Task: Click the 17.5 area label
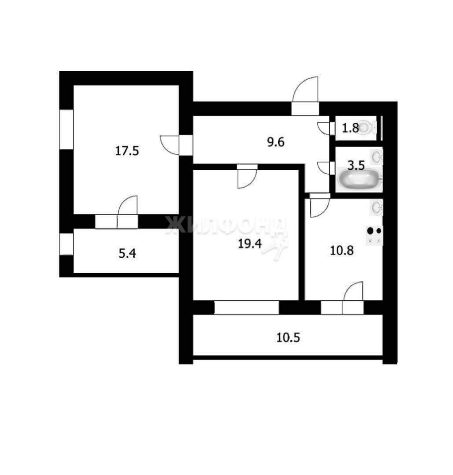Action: click(127, 150)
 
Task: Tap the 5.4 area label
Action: click(127, 253)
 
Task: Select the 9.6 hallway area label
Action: click(276, 142)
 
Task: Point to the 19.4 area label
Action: click(250, 243)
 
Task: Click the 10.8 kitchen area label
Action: click(342, 250)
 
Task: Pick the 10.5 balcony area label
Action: click(288, 337)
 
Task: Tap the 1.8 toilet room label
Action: click(351, 128)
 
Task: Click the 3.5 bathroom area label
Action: click(356, 165)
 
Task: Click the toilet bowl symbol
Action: click(367, 128)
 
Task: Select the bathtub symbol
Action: click(359, 179)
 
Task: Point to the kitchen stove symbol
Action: click(374, 236)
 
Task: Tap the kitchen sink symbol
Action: click(376, 207)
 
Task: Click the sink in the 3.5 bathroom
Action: click(377, 157)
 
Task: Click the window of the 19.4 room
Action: click(247, 307)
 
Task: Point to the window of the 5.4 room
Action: click(67, 244)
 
